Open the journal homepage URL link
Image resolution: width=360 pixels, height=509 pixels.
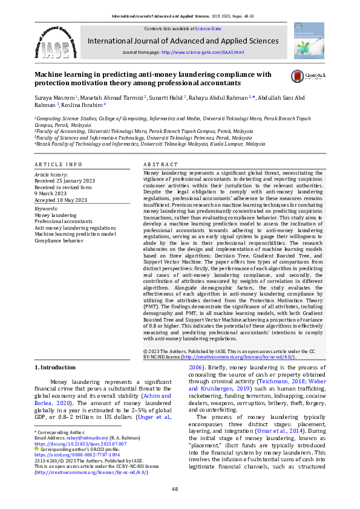pos(202,53)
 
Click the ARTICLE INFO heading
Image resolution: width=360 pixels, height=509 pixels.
pos(58,164)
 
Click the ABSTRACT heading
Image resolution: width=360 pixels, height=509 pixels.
pos(160,164)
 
